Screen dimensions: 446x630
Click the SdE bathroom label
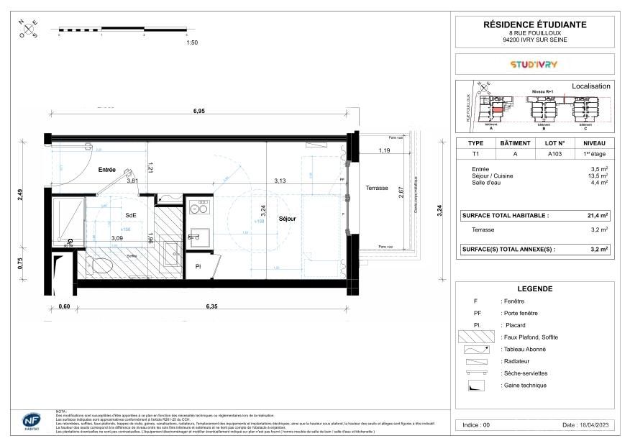[131, 215]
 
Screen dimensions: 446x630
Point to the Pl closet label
[198, 267]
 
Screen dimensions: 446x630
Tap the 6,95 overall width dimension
[199, 111]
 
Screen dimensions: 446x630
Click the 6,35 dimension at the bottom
[212, 306]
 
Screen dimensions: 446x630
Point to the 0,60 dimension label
[64, 306]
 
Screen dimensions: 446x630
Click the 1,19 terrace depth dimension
[385, 150]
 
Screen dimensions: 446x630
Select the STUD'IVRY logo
[534, 64]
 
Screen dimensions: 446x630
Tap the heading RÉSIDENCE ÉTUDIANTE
[534, 24]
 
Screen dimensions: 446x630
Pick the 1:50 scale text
[191, 43]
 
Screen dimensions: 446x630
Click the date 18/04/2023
[585, 425]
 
